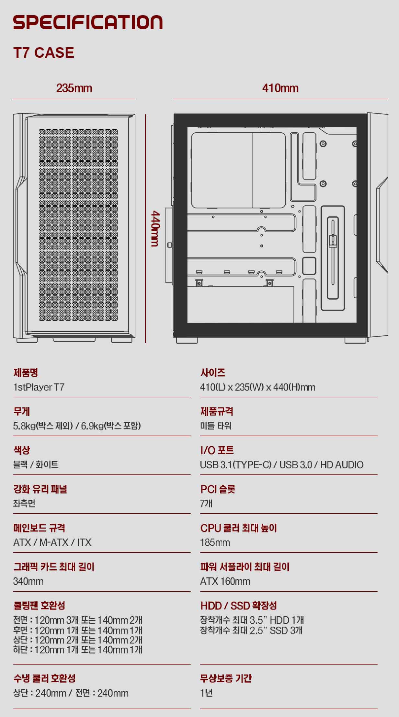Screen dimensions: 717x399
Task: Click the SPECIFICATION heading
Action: (x=87, y=22)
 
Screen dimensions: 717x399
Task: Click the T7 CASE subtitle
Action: (x=44, y=53)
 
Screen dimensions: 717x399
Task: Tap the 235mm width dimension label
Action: (x=74, y=88)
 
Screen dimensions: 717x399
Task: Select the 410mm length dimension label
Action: (x=280, y=88)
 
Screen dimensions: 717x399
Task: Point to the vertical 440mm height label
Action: (x=155, y=228)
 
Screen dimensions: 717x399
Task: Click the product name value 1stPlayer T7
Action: (x=39, y=387)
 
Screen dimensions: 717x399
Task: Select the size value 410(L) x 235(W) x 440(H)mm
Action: (x=257, y=387)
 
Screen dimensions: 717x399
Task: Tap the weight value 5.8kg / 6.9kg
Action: (x=77, y=426)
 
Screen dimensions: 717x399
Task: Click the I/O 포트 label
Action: (x=217, y=450)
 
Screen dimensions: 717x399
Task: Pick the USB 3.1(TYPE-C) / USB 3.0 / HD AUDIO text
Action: (x=281, y=465)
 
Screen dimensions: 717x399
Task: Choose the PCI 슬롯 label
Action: (x=218, y=489)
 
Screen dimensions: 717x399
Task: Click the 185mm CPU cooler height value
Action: (x=215, y=542)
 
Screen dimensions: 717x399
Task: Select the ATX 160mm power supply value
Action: (x=225, y=581)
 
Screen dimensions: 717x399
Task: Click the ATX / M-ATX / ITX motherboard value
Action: (x=52, y=542)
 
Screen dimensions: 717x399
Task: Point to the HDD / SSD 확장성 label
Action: (x=239, y=606)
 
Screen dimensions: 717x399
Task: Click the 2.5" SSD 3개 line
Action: (x=251, y=630)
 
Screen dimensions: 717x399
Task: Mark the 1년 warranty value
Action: (x=206, y=693)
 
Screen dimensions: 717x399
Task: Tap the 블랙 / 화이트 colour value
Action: (x=36, y=465)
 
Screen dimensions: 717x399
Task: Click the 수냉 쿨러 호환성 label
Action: (x=44, y=678)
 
